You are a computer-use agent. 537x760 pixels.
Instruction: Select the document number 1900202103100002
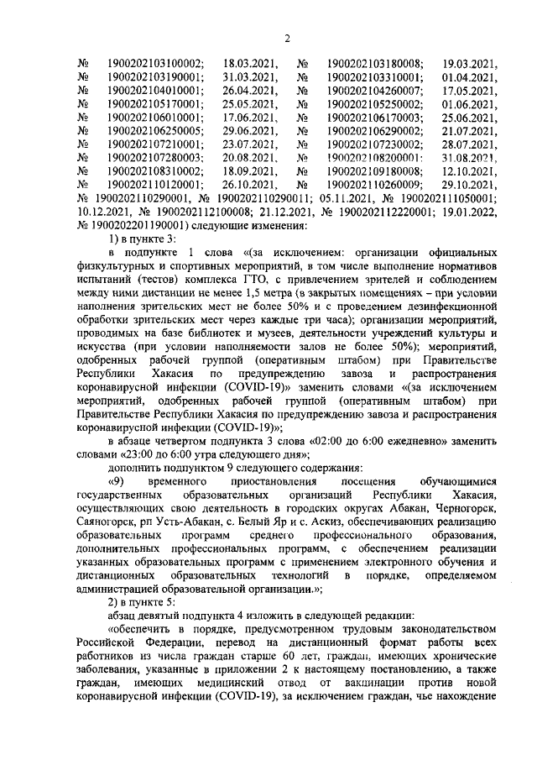click(x=156, y=63)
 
